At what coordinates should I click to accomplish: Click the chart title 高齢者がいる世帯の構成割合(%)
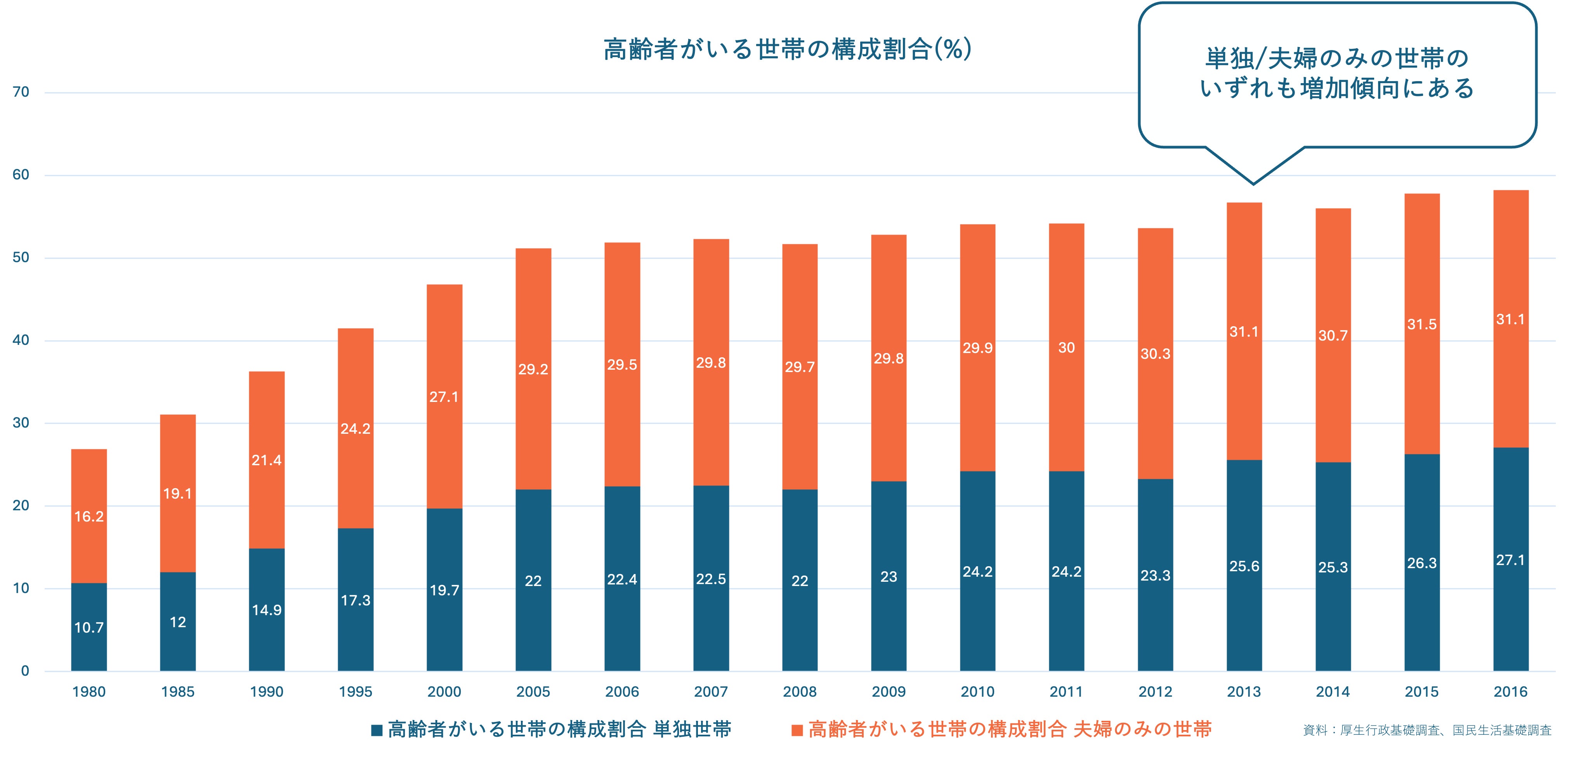[787, 49]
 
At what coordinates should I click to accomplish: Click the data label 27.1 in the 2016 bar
[1510, 560]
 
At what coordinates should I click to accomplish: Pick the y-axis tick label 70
[21, 92]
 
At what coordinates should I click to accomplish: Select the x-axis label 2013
[1244, 692]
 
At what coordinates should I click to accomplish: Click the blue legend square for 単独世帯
[377, 730]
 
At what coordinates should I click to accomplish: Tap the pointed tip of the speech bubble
[1253, 183]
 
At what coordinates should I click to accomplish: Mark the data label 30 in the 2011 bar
[1066, 348]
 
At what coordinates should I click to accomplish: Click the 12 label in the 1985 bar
[177, 622]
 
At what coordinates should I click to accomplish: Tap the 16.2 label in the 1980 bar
[89, 517]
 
